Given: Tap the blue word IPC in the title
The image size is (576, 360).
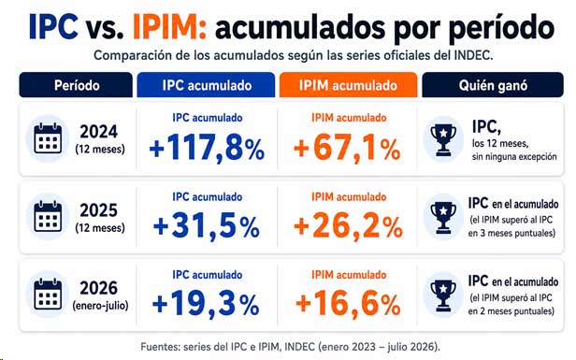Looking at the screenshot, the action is click(x=53, y=26).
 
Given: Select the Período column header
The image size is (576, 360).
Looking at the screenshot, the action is click(x=76, y=85).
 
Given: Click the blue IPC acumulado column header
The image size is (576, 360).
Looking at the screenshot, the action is click(x=206, y=85).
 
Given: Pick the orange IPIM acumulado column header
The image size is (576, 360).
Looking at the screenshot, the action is click(x=348, y=85).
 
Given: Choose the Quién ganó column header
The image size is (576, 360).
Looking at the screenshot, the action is click(x=493, y=85).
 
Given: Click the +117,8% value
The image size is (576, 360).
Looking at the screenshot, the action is click(x=207, y=149).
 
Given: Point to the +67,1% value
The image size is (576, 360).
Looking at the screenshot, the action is click(x=347, y=149).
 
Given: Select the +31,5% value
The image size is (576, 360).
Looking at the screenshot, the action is click(x=207, y=226).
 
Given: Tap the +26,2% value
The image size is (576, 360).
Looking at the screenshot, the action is click(x=348, y=226).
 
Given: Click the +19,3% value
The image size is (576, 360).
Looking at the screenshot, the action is click(x=206, y=304).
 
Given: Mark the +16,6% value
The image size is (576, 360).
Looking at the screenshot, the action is click(x=348, y=304).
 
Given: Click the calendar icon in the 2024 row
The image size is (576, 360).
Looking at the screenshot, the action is click(x=48, y=138).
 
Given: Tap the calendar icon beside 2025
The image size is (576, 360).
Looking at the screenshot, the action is click(x=48, y=216).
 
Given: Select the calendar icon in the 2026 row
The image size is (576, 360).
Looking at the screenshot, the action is click(x=48, y=295).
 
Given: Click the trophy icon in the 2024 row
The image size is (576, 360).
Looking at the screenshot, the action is click(x=443, y=140).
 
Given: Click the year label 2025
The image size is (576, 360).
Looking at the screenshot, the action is click(x=99, y=210).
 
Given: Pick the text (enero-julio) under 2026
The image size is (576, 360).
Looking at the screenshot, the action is click(x=100, y=305).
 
